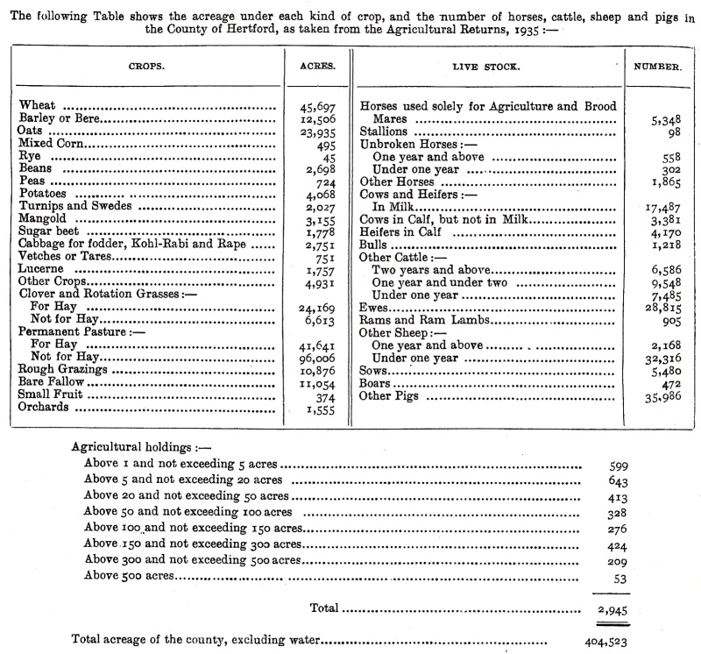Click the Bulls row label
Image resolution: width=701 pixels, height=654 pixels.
(x=376, y=247)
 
